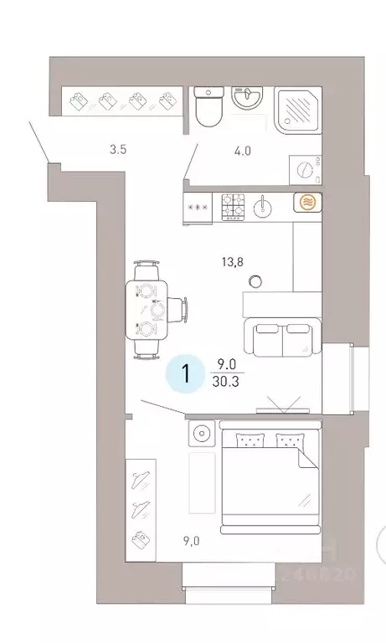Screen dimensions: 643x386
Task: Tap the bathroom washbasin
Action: point(248,99)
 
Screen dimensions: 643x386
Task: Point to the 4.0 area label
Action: point(242,152)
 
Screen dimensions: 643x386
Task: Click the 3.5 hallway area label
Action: point(118,151)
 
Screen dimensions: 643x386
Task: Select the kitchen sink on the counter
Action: point(263,205)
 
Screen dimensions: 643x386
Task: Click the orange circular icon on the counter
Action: point(306,203)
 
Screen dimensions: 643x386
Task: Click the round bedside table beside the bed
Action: point(201,435)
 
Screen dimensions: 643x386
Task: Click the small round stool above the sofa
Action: point(255,281)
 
